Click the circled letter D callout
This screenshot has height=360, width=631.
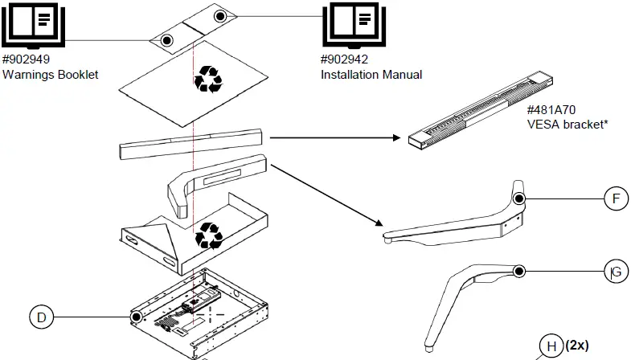coord(41,317)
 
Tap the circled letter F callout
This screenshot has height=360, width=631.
coord(615,198)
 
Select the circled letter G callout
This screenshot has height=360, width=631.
coord(615,272)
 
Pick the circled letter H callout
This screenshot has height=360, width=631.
coord(551,346)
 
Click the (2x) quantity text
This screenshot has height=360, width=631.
coord(577,345)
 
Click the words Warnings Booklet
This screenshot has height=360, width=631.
coord(51,75)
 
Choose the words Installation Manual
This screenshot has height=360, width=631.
coord(371,75)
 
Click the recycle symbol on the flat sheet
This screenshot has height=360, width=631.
coord(209,79)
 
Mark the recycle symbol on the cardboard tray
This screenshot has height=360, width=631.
coord(210,235)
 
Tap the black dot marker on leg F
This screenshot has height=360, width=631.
coord(519,198)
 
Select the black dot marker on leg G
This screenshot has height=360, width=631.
coord(519,272)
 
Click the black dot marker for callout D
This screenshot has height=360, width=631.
coord(137,317)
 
